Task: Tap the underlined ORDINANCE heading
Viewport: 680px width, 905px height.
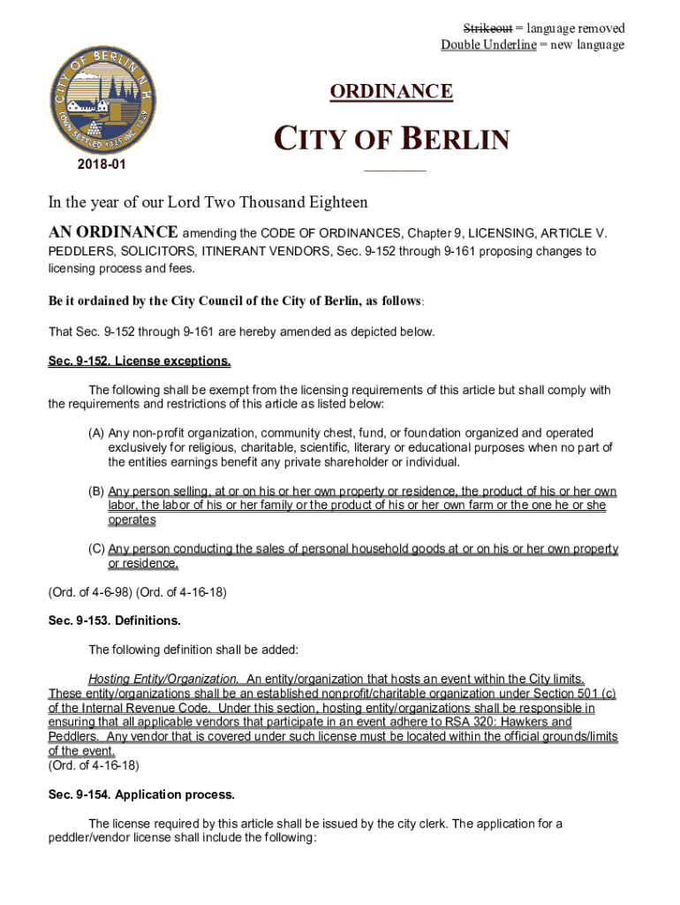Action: (x=391, y=92)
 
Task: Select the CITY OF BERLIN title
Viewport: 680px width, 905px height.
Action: (x=392, y=141)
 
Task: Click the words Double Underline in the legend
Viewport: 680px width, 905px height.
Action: (x=488, y=45)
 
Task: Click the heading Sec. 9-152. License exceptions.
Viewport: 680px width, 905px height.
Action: (x=140, y=361)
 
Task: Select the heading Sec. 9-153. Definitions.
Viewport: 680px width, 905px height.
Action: (x=114, y=620)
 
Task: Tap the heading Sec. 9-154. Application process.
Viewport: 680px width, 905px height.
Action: (x=141, y=795)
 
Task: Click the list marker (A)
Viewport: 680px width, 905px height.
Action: (x=96, y=433)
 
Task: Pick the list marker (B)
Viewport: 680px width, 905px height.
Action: (x=96, y=491)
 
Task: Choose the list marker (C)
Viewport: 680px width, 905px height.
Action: (x=96, y=550)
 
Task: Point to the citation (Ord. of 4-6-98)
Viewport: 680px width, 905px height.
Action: (x=89, y=592)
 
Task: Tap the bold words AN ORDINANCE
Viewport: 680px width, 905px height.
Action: (x=112, y=232)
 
